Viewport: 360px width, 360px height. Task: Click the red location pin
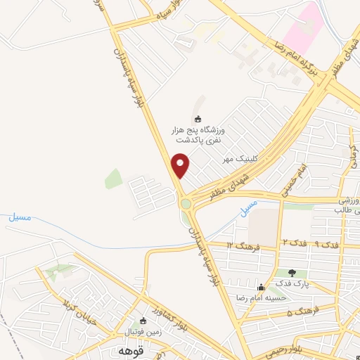tap(181, 166)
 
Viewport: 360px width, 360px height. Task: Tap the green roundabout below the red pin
tap(186, 204)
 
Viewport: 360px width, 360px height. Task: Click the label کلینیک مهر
tap(238, 160)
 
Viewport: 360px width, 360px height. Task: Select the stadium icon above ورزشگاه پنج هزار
tap(198, 118)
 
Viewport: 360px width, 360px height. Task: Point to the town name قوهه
tap(131, 349)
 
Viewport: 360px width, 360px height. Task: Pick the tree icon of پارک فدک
tap(292, 273)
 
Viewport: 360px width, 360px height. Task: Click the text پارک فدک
tap(292, 283)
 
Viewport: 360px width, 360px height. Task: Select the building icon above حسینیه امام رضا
tap(262, 287)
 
